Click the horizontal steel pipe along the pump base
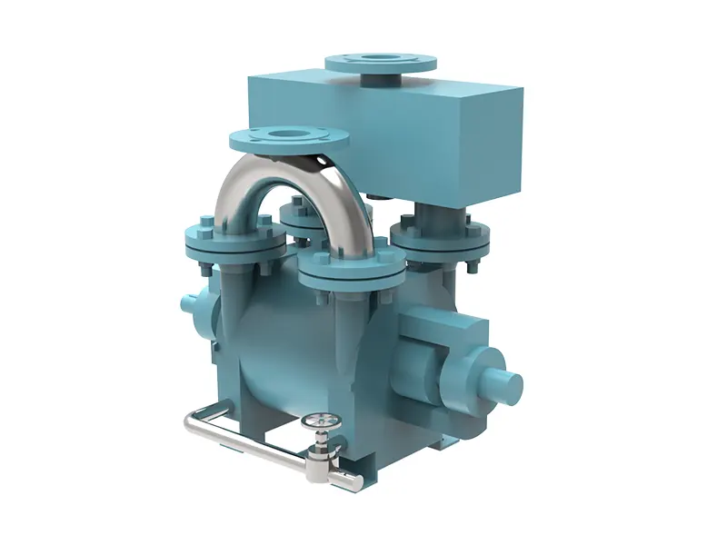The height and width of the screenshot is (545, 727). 254,444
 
